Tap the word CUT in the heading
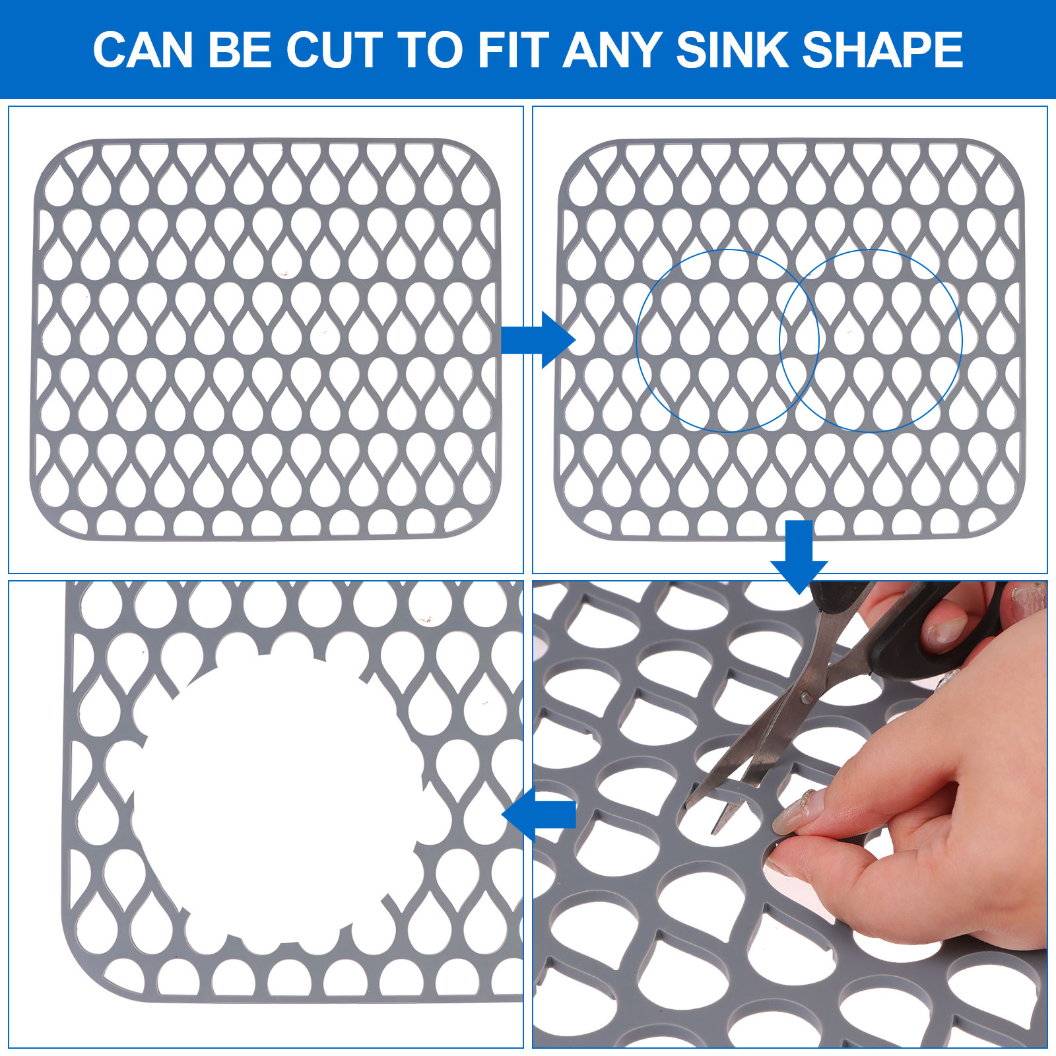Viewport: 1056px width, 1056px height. pos(334,49)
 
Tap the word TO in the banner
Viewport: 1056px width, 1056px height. pos(430,49)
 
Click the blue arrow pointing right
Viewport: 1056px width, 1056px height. pos(538,340)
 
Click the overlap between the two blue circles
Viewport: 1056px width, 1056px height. pos(799,341)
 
